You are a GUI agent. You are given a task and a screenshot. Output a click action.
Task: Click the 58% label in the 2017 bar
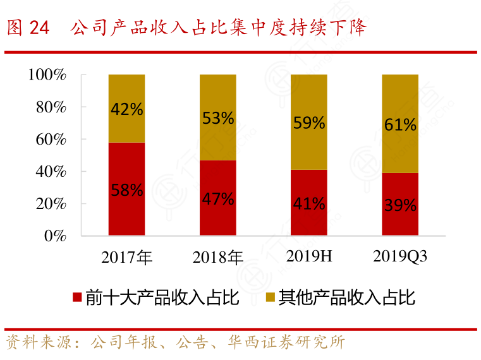[126, 190]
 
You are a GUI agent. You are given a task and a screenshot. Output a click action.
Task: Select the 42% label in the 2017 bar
[126, 109]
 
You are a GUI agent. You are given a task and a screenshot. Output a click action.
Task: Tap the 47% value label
[218, 199]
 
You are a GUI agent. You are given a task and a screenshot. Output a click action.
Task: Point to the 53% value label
[218, 117]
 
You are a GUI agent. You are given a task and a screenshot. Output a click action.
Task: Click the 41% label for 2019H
[309, 203]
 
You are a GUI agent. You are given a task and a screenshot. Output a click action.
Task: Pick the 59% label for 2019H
[309, 123]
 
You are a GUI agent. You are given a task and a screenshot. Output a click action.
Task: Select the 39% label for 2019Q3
[400, 205]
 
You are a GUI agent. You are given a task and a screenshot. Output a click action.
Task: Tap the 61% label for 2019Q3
[400, 124]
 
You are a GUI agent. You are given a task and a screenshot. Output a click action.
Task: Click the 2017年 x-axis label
[126, 257]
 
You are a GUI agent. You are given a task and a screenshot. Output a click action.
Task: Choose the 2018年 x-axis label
[218, 257]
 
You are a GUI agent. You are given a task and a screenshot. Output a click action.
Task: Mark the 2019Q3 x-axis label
[400, 256]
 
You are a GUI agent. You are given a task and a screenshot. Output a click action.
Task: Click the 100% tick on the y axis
[47, 75]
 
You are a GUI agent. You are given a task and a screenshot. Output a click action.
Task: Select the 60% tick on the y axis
[51, 140]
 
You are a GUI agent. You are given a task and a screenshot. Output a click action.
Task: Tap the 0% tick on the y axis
[55, 236]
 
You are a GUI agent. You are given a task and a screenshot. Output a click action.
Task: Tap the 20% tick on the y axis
[51, 204]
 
